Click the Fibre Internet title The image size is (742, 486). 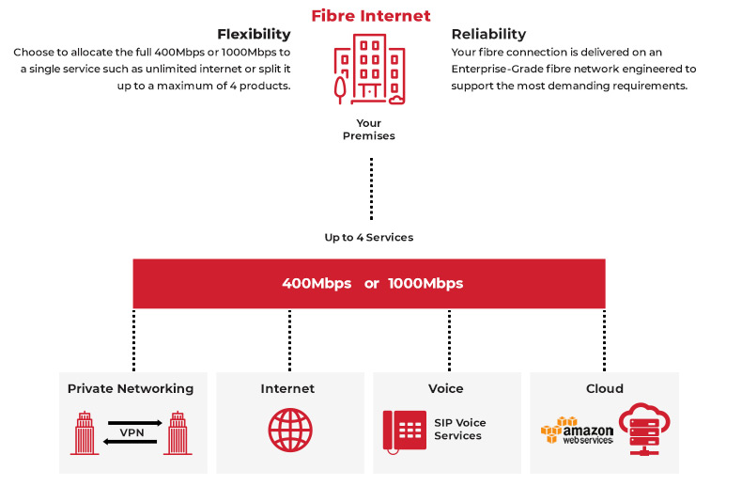coord(371,15)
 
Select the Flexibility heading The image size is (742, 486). coord(254,35)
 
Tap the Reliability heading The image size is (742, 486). coord(488,35)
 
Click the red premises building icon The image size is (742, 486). coord(371,71)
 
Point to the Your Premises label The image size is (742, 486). coord(369,129)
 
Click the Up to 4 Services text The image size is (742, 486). coord(369,237)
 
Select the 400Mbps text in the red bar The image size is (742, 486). coord(317,283)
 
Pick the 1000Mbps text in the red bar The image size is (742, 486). coord(425,283)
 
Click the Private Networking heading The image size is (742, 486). coord(131,388)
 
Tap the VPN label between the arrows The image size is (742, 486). coord(131,432)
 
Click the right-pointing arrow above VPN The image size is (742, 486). coord(131,422)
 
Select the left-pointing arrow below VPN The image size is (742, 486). coord(131,442)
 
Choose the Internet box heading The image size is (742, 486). coord(287,388)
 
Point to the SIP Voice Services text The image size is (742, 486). coord(460,430)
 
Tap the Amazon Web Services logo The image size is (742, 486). coord(577,431)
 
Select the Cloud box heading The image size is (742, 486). coord(604,388)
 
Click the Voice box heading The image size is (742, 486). coord(446,388)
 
